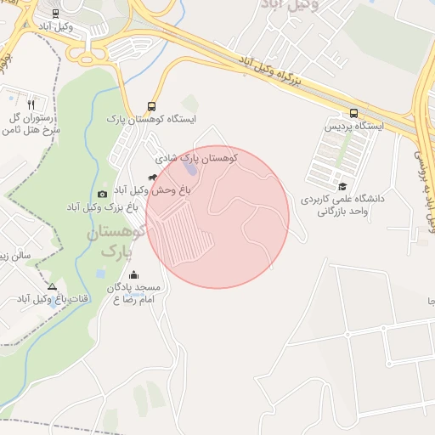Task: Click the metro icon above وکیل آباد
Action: click(x=56, y=14)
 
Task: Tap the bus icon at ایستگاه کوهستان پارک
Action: click(x=152, y=106)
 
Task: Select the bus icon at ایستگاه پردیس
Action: click(x=353, y=113)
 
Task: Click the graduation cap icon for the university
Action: click(x=342, y=186)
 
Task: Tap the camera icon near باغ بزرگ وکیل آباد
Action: click(x=103, y=195)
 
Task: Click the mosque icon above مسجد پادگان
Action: click(x=133, y=274)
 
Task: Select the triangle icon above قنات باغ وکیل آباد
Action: click(x=53, y=286)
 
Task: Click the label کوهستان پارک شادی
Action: click(x=196, y=158)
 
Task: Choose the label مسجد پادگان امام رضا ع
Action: click(x=136, y=294)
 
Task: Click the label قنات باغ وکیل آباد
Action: click(x=42, y=299)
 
